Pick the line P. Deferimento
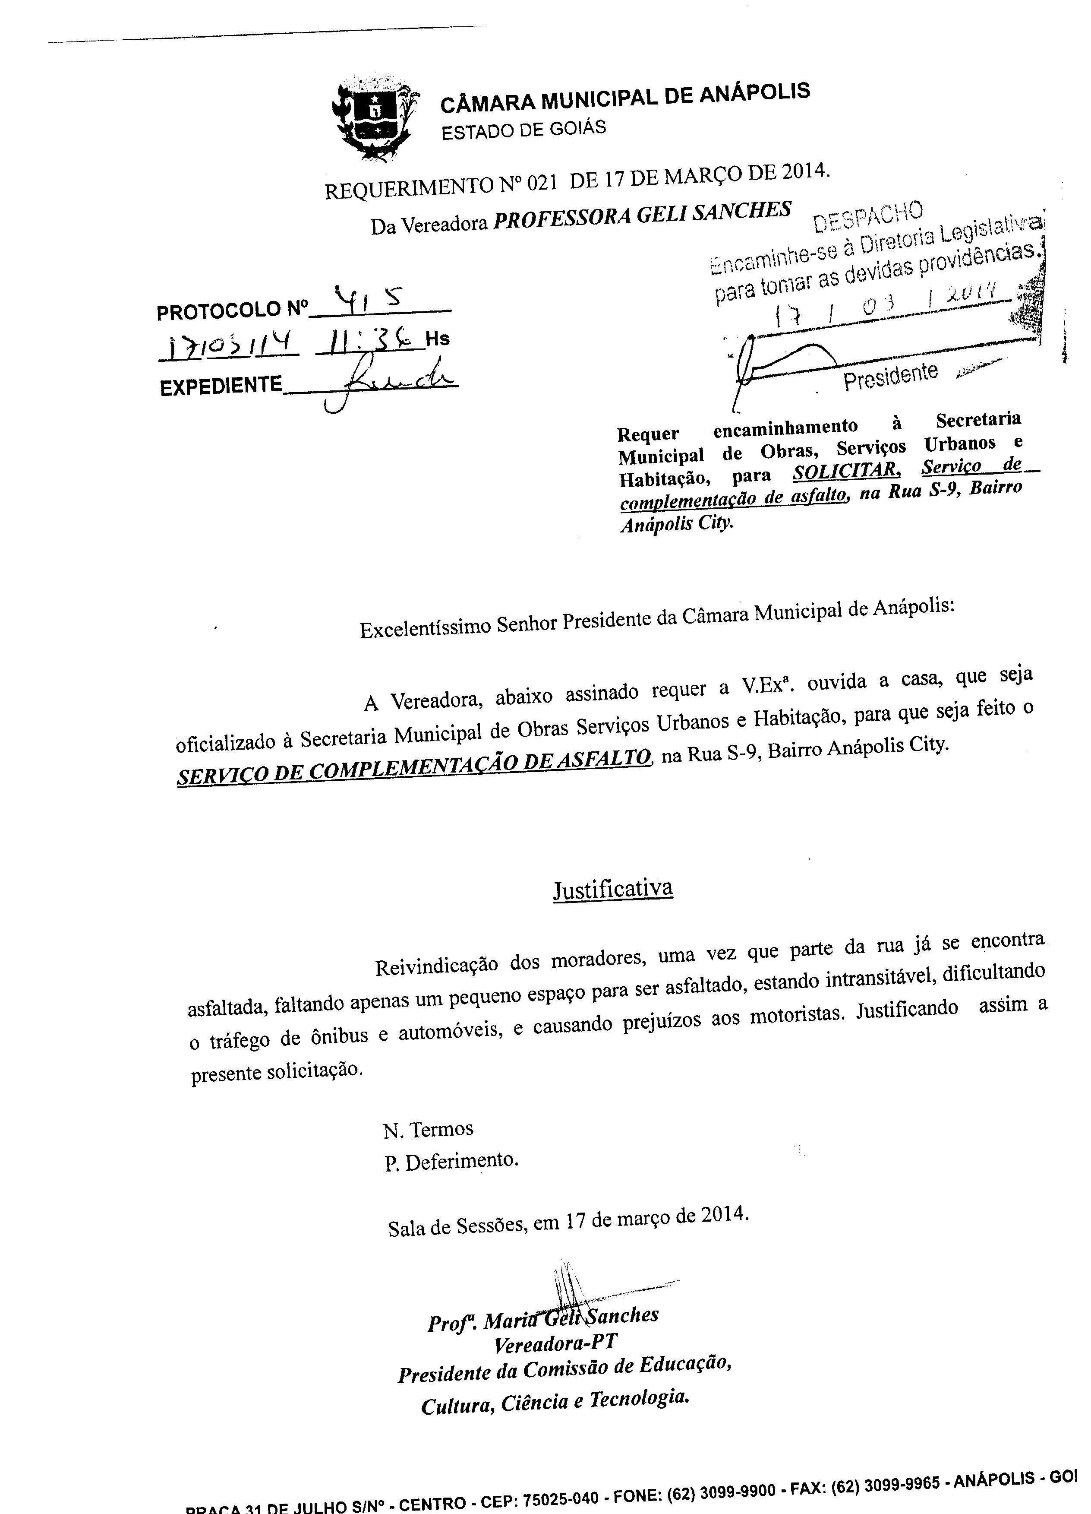(451, 1162)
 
